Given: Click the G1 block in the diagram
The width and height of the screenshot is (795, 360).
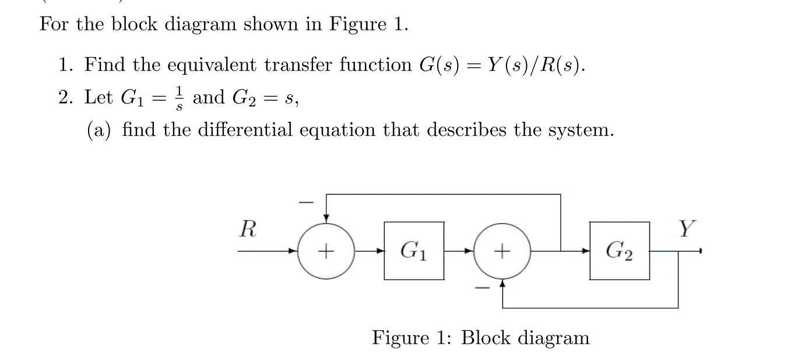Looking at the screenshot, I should tap(414, 250).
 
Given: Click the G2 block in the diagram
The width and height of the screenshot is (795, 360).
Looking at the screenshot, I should tap(619, 250).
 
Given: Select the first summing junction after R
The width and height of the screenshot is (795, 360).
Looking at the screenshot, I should tap(326, 251).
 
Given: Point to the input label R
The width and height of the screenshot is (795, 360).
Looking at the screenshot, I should tap(248, 230).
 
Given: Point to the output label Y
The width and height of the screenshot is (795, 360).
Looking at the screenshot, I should tap(687, 230).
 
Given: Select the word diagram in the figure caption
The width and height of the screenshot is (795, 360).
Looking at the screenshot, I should tap(554, 338).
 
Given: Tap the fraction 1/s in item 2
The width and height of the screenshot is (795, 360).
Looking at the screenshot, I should tap(180, 97).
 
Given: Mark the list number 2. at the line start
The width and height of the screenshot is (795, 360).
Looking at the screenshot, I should tap(68, 97).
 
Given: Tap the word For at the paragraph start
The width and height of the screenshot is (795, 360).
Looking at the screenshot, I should tap(52, 26).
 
